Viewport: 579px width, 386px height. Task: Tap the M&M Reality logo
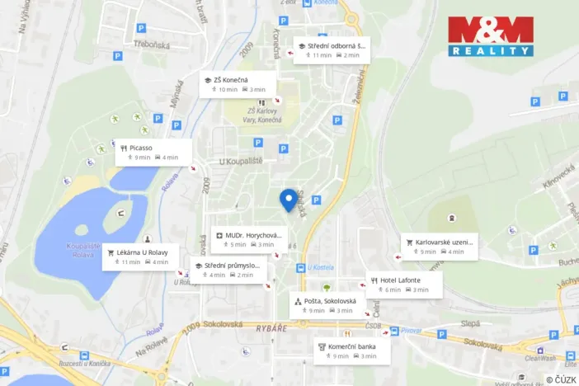490,36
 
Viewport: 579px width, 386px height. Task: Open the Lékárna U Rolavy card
136,257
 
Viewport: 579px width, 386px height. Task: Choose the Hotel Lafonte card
403,285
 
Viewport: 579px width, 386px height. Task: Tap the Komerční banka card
352,351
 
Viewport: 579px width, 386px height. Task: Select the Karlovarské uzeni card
439,247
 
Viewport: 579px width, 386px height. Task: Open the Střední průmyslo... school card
229,270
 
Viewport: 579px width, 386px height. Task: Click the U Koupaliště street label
241,161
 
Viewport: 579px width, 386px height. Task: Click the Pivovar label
412,331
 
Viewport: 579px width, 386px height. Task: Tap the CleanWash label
540,358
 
